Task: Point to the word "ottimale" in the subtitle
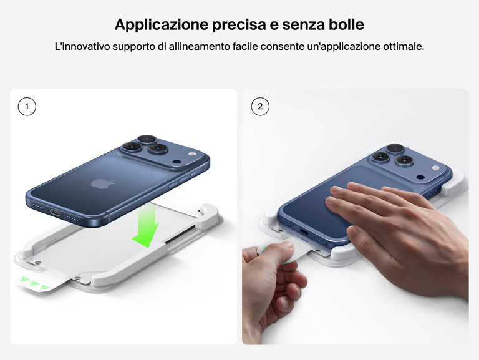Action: [x=402, y=47]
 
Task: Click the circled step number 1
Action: [x=27, y=107]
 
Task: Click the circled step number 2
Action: [x=260, y=107]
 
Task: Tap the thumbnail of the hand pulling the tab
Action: [x=286, y=250]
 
